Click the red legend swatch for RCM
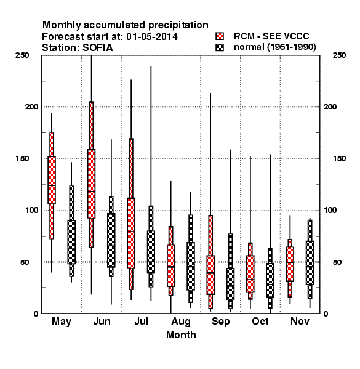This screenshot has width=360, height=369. pyautogui.click(x=220, y=36)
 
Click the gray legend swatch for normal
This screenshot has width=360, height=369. pyautogui.click(x=220, y=47)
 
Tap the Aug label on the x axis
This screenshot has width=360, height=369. pyautogui.click(x=181, y=322)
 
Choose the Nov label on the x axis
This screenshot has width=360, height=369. pyautogui.click(x=300, y=321)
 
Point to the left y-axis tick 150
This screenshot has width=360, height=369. pyautogui.click(x=22, y=159)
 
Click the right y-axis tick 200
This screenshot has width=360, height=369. pyautogui.click(x=330, y=107)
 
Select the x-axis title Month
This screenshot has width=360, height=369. pyautogui.click(x=181, y=335)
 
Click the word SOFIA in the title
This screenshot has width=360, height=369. pyautogui.click(x=97, y=48)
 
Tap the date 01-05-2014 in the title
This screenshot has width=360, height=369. pyautogui.click(x=152, y=37)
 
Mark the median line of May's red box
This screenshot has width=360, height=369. pyautogui.click(x=52, y=185)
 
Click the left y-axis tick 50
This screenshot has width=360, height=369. pyautogui.click(x=25, y=262)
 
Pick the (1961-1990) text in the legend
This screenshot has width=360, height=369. pyautogui.click(x=292, y=47)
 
